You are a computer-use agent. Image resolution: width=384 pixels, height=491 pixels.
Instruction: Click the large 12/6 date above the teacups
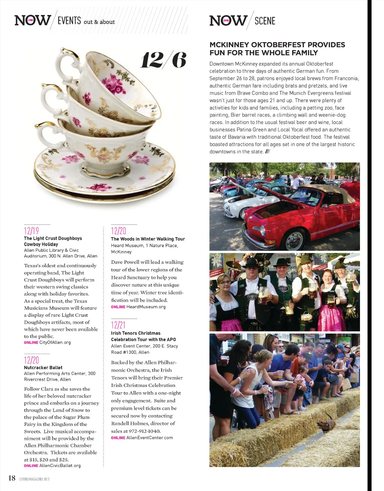[163, 60]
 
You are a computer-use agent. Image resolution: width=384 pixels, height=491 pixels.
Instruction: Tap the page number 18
[12, 478]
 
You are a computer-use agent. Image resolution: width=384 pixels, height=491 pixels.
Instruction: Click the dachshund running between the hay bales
[326, 425]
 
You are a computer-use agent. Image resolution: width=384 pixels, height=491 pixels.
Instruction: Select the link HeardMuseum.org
[146, 307]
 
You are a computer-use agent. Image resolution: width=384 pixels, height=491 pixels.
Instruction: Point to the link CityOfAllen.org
[55, 342]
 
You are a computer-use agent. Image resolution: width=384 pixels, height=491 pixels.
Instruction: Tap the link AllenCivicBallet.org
[60, 466]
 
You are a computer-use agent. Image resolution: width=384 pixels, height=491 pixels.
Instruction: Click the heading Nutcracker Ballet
[43, 368]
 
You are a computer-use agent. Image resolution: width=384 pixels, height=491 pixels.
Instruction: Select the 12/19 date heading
[31, 231]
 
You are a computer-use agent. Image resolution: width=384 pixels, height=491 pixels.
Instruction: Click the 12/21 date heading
[118, 325]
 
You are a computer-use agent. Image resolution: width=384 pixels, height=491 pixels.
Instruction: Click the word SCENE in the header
[265, 21]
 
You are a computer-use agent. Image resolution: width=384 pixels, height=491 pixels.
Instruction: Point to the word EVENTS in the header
[69, 21]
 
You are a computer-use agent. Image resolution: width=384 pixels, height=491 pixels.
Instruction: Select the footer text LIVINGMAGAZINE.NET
[34, 479]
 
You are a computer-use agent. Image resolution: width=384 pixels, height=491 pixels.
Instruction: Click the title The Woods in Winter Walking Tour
[148, 239]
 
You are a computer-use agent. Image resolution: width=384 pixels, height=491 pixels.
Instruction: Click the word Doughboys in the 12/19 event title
[70, 238]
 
